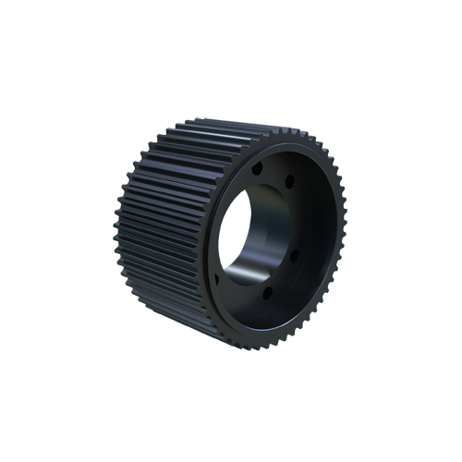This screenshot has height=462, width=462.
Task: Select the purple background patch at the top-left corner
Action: (129, 129)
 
